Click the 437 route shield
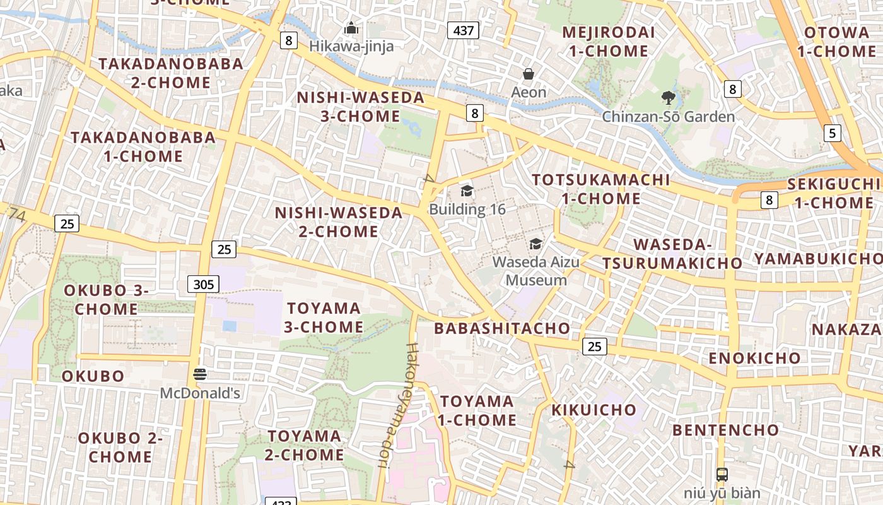pyautogui.click(x=464, y=30)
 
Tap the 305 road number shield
pyautogui.click(x=203, y=284)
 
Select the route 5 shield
pyautogui.click(x=833, y=133)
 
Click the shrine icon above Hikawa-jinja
pyautogui.click(x=351, y=28)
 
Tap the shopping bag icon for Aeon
pyautogui.click(x=529, y=74)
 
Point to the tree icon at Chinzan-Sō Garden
pyautogui.click(x=669, y=98)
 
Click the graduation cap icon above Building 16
pyautogui.click(x=467, y=191)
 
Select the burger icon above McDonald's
pyautogui.click(x=200, y=374)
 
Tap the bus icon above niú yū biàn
pyautogui.click(x=722, y=474)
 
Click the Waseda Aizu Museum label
pyautogui.click(x=536, y=271)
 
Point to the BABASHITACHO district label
pyautogui.click(x=502, y=328)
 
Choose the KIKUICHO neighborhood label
pyautogui.click(x=594, y=410)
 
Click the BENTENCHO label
pyautogui.click(x=725, y=431)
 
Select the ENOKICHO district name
pyautogui.click(x=754, y=358)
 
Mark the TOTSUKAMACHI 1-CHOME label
pyautogui.click(x=600, y=189)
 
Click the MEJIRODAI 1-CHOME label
pyautogui.click(x=608, y=42)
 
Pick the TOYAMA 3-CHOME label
pyautogui.click(x=325, y=318)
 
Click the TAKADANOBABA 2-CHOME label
pyautogui.click(x=171, y=73)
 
